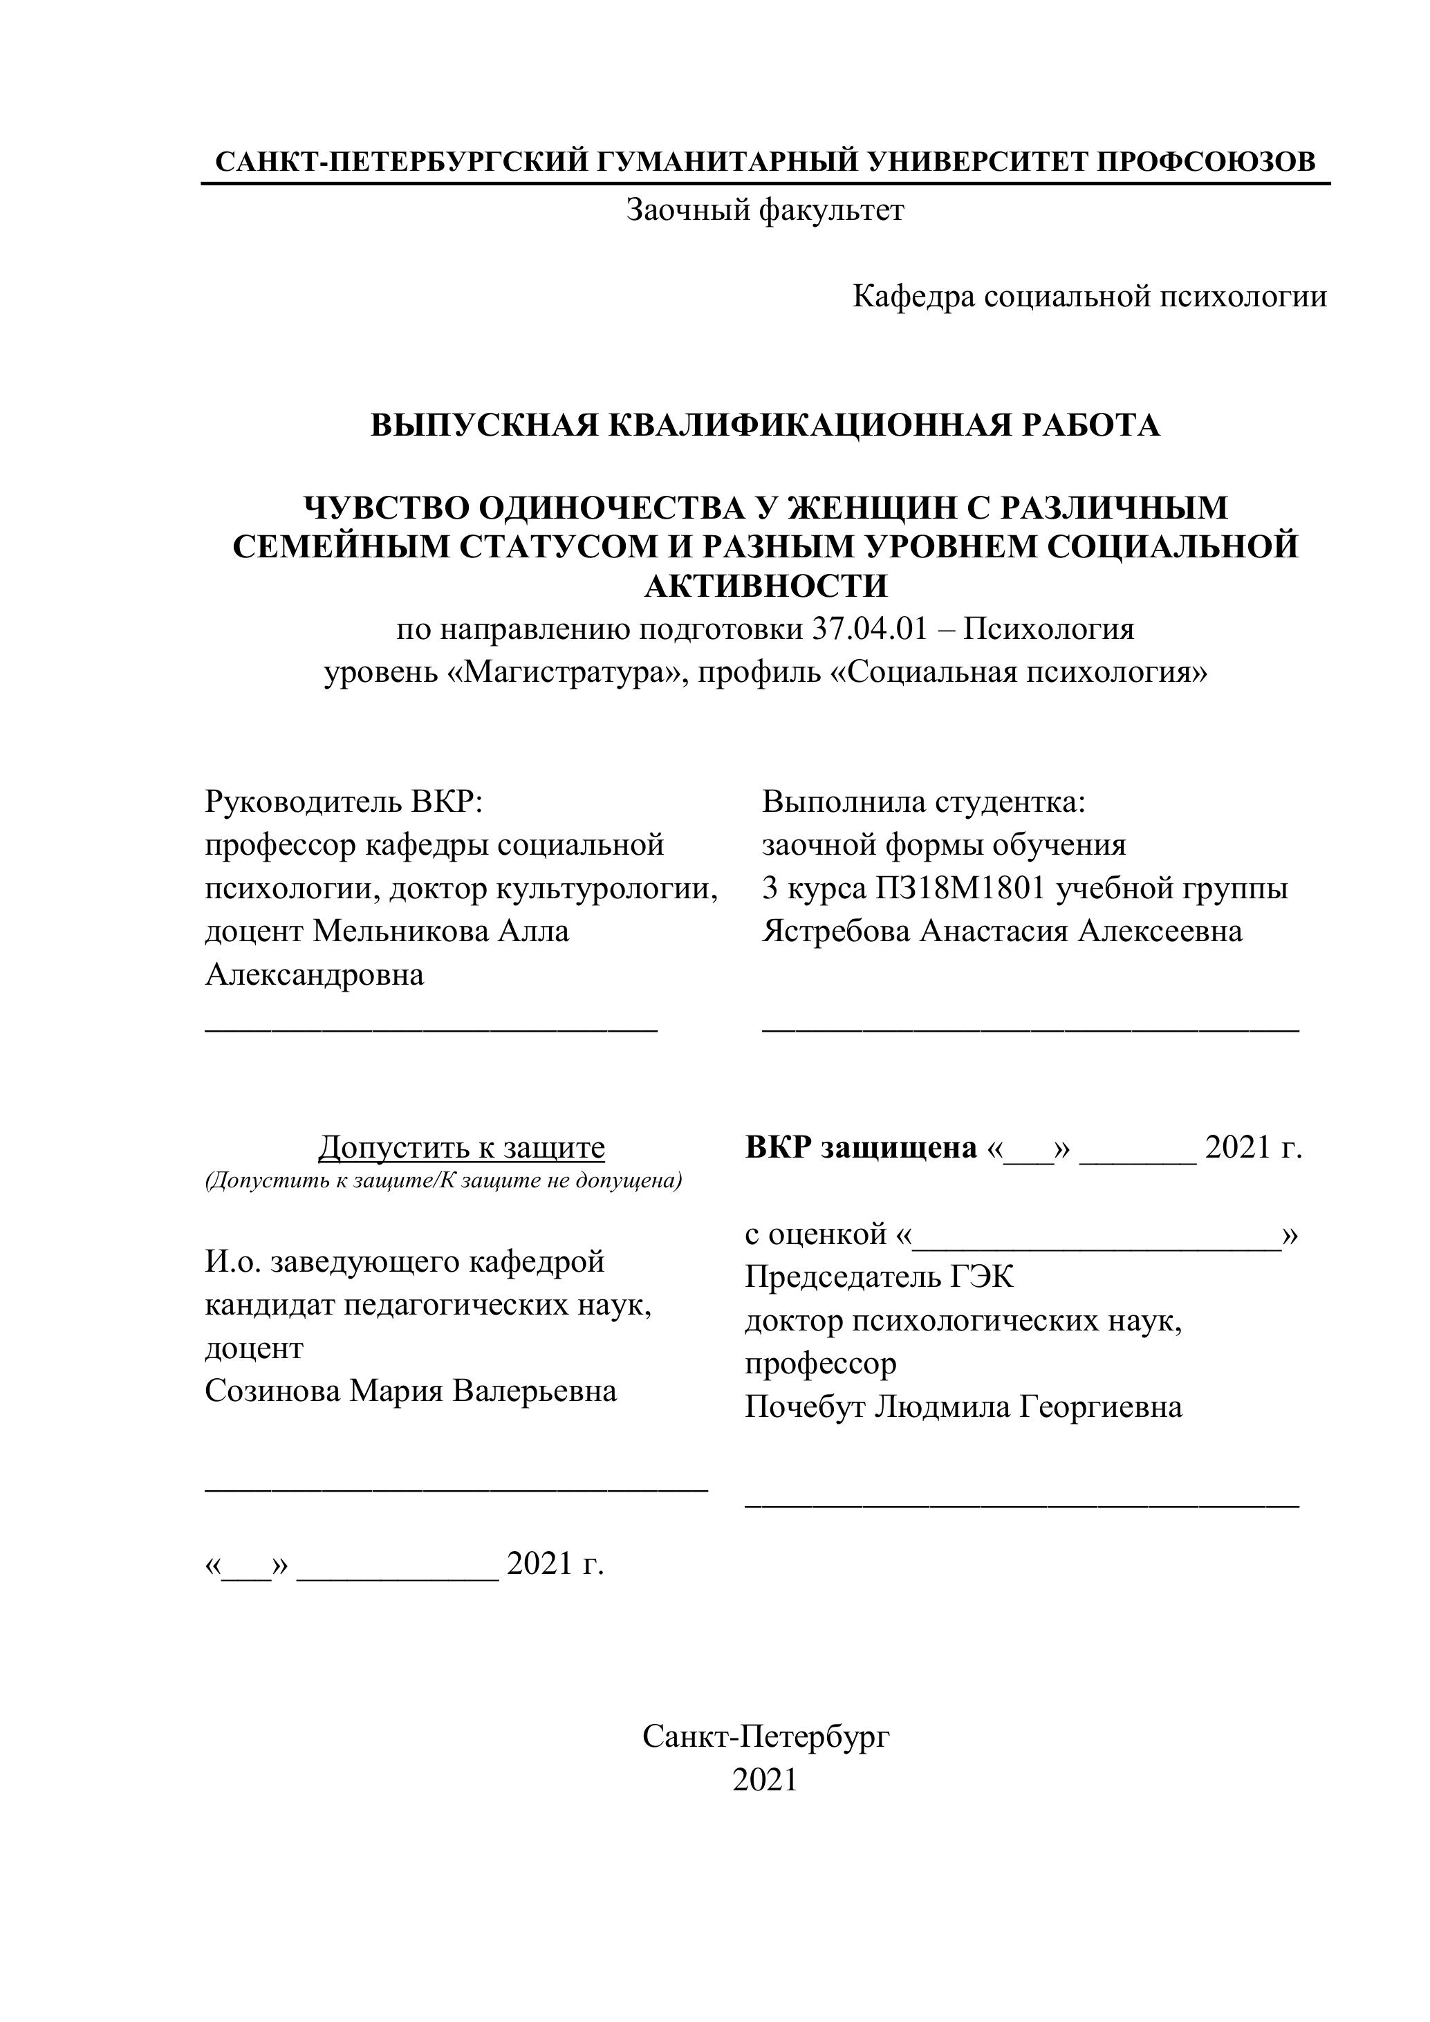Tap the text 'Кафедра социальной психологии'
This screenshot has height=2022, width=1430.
[1089, 297]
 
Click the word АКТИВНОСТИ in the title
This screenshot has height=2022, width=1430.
[766, 586]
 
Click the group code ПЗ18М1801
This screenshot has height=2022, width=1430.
[960, 889]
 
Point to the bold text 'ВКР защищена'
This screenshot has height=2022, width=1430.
[860, 1147]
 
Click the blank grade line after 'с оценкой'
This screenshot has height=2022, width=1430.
[1096, 1236]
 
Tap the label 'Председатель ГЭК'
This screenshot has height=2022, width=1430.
[879, 1277]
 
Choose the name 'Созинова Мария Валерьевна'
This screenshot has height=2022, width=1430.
[410, 1391]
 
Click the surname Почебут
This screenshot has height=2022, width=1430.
[804, 1407]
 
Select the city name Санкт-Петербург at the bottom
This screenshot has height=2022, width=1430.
[765, 1736]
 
